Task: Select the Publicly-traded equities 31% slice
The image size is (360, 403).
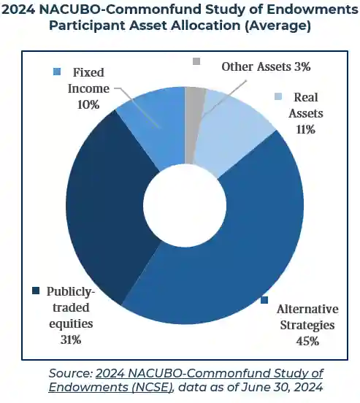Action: [102, 212]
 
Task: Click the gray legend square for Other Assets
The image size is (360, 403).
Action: [196, 62]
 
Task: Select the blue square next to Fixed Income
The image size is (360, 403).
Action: [57, 72]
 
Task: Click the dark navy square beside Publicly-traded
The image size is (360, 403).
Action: [35, 291]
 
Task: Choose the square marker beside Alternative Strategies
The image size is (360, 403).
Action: [264, 300]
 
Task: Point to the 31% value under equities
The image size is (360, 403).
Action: [71, 339]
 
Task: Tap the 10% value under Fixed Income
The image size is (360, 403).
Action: [88, 104]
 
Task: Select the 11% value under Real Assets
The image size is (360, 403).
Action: [305, 129]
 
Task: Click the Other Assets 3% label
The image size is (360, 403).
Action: [267, 66]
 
